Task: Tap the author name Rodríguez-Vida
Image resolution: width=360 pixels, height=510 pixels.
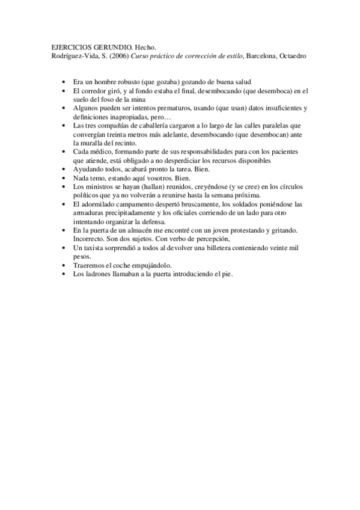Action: [72, 56]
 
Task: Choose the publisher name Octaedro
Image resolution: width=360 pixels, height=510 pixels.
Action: [293, 56]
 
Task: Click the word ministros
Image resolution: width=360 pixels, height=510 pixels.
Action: [98, 187]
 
